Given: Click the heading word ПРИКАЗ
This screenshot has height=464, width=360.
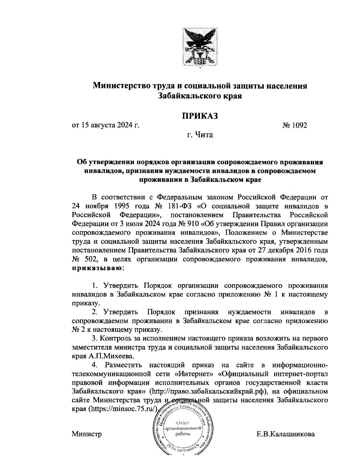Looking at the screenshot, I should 200,116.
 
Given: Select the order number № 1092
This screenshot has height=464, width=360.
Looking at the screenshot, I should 295,125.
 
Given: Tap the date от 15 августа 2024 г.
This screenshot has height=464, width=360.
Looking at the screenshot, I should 106,125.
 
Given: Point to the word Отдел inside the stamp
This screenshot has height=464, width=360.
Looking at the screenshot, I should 182,423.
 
